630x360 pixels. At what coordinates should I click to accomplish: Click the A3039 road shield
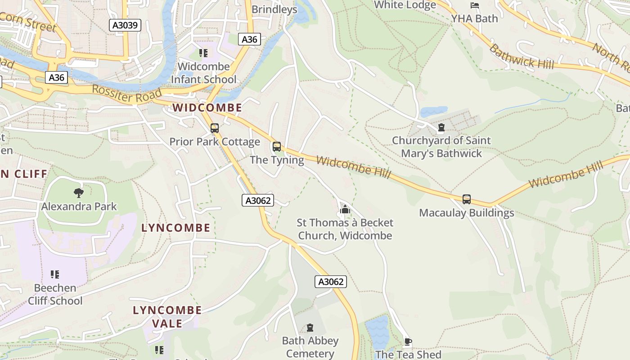click(x=125, y=25)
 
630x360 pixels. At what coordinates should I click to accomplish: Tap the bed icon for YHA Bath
click(x=474, y=6)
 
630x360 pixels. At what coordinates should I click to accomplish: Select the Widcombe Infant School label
click(x=203, y=73)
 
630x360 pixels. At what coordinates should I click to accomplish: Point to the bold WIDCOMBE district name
click(x=207, y=108)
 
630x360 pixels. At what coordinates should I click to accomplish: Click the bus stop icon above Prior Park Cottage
click(x=215, y=128)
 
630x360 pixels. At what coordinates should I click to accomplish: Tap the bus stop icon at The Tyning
click(x=277, y=147)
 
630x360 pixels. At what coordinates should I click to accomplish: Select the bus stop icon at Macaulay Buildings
click(x=467, y=199)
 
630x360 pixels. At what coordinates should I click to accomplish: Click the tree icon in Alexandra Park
click(x=79, y=193)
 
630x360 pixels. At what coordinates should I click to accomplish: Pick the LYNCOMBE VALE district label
click(x=167, y=317)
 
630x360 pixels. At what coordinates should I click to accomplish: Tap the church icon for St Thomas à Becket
click(x=345, y=209)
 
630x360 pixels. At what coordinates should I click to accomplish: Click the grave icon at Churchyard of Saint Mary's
click(x=441, y=127)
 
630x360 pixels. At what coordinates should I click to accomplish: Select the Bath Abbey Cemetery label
click(x=310, y=347)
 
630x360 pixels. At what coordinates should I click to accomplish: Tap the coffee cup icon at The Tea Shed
click(x=408, y=342)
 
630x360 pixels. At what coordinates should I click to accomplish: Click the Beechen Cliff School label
click(x=55, y=294)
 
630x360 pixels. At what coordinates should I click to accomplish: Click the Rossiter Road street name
click(x=126, y=94)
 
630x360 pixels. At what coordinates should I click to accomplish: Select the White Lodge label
click(x=405, y=5)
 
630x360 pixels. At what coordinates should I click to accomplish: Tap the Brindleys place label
click(x=274, y=9)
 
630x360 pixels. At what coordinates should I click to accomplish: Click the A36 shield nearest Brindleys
click(x=249, y=40)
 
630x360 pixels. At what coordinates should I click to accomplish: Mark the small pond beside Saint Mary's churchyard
click(x=433, y=111)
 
